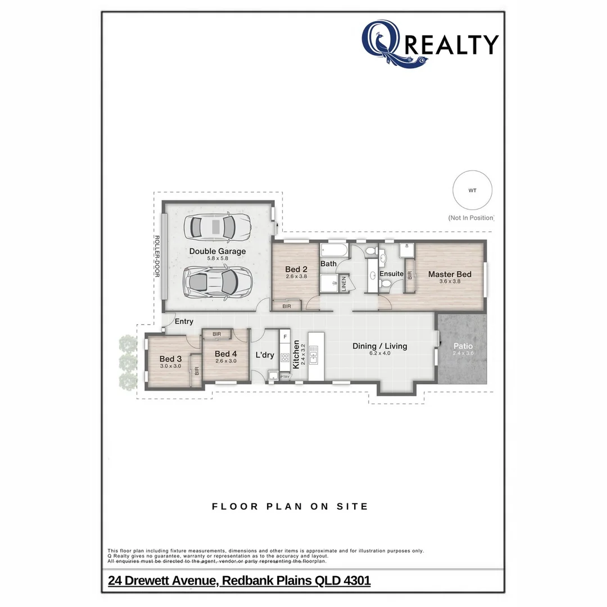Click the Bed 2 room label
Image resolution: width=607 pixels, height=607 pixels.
pos(296,269)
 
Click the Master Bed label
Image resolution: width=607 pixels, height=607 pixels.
pos(450,274)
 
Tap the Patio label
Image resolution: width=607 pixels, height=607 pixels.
pos(464,346)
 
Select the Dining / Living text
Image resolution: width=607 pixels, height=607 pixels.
pos(379,346)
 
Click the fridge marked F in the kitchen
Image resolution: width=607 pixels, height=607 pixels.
pos(285,337)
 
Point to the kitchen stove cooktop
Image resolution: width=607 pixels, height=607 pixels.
pos(284,357)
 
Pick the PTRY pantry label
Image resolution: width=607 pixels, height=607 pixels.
pos(285,377)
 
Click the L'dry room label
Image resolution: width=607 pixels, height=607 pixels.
pos(265,355)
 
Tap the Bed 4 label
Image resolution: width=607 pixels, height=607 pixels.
pos(226,354)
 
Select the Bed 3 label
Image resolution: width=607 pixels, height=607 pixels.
pos(170,359)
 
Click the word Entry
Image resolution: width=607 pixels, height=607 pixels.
pos(184,321)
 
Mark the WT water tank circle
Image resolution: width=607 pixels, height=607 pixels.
pos(472,191)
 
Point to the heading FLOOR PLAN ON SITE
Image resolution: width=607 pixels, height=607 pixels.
pos(290,506)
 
